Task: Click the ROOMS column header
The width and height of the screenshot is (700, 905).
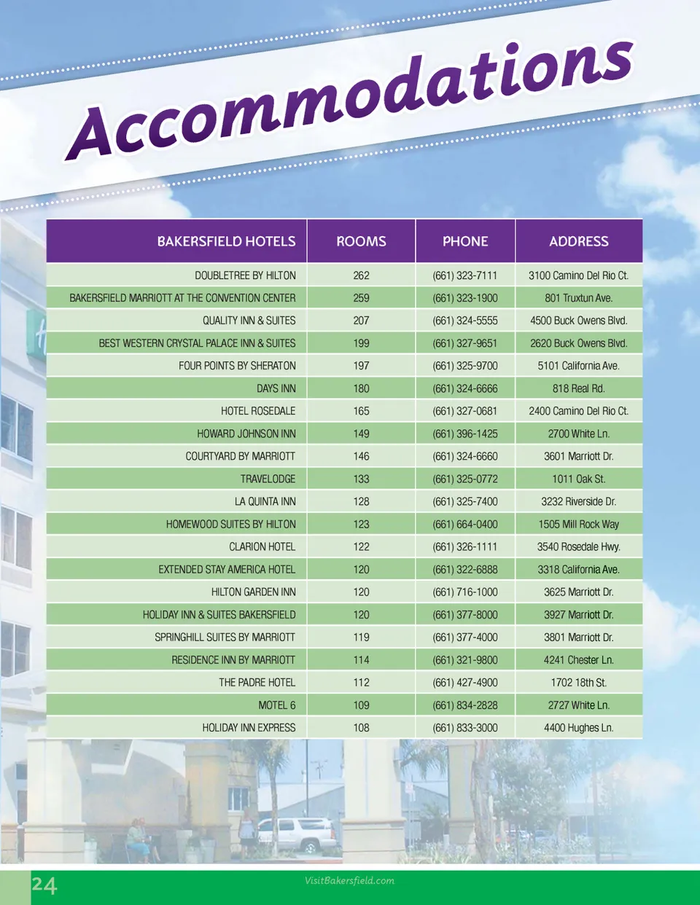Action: (361, 241)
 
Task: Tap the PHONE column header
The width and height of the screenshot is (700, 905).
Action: (465, 241)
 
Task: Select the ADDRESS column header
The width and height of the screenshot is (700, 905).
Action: (578, 241)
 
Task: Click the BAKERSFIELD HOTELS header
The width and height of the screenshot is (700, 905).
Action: (226, 241)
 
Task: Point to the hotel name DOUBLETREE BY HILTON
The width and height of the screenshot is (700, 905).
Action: (245, 275)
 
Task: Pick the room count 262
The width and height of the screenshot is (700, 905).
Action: (361, 275)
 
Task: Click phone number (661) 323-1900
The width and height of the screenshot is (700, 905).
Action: (465, 298)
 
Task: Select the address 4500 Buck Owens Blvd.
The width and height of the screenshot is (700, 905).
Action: (578, 321)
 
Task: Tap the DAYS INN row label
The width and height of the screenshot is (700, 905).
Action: (276, 388)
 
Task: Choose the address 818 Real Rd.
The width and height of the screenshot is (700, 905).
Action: (578, 388)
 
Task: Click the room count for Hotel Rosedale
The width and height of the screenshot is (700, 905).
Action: (361, 411)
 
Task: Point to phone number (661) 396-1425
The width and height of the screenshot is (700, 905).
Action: (465, 434)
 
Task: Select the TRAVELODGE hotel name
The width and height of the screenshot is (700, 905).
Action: (268, 479)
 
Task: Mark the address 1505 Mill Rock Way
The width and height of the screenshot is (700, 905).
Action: (578, 524)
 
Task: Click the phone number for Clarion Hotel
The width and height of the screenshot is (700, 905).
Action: (465, 546)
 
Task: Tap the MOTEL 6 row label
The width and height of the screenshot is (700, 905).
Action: (276, 705)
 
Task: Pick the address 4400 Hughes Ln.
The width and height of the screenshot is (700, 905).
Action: (578, 728)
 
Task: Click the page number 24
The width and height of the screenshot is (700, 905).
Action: (44, 885)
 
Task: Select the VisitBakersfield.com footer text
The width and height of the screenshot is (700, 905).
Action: (349, 880)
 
